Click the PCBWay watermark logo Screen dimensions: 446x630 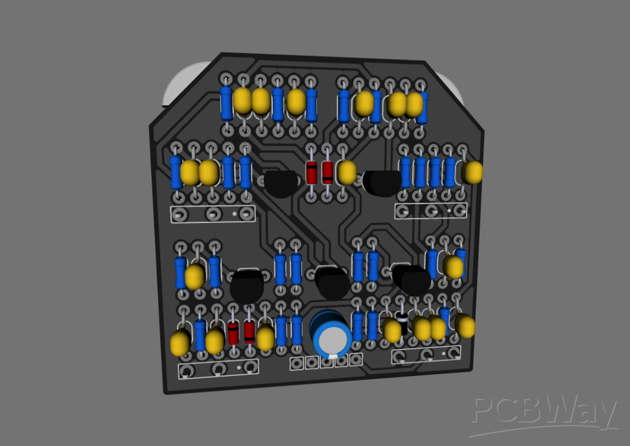(543, 412)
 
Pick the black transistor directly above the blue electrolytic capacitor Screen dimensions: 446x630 (331, 281)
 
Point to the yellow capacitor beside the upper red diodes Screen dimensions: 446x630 (347, 172)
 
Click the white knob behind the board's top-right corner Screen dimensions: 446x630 (454, 87)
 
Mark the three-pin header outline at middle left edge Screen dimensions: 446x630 (212, 214)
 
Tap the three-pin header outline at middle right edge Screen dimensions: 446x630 (431, 211)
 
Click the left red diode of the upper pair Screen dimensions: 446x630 (312, 172)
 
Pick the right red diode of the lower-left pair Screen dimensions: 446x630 (249, 331)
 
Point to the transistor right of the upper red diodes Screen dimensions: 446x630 (382, 182)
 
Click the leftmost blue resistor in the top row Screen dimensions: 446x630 (226, 103)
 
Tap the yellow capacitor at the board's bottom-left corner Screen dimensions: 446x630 (180, 344)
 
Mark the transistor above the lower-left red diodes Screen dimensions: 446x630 (246, 286)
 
